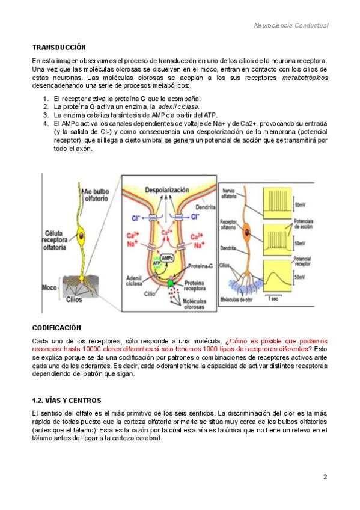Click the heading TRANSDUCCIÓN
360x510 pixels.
pyautogui.click(x=59, y=48)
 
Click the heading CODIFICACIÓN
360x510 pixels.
pyautogui.click(x=56, y=328)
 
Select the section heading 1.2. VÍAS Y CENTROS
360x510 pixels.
pyautogui.click(x=67, y=401)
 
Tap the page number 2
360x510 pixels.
pyautogui.click(x=325, y=477)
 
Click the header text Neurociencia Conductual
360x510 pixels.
pyautogui.click(x=291, y=26)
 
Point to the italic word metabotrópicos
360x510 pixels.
pyautogui.click(x=305, y=78)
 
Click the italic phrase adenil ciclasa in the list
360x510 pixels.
pyautogui.click(x=178, y=106)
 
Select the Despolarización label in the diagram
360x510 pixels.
pyautogui.click(x=166, y=190)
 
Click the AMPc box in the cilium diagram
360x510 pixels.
pyautogui.click(x=167, y=258)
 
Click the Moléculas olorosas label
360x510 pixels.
pyautogui.click(x=194, y=304)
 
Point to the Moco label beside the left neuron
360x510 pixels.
pyautogui.click(x=49, y=288)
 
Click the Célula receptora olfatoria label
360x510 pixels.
pyautogui.click(x=55, y=240)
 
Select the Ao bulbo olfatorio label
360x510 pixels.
pyautogui.click(x=96, y=195)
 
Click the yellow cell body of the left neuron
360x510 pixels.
pyautogui.click(x=81, y=235)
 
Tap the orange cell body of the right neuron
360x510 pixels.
pyautogui.click(x=247, y=232)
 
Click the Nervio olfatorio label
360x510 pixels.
pyautogui.click(x=229, y=194)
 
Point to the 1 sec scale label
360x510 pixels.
pyautogui.click(x=273, y=298)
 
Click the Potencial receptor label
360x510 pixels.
pyautogui.click(x=302, y=262)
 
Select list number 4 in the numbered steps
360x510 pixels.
pyautogui.click(x=46, y=124)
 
